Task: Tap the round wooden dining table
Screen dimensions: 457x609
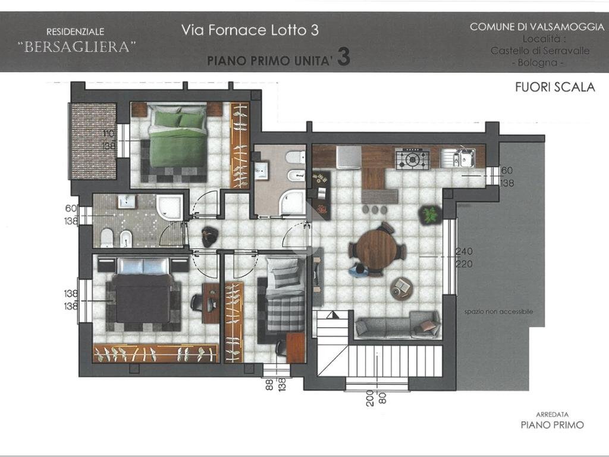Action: click(376, 249)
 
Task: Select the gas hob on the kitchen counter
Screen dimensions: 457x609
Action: click(413, 159)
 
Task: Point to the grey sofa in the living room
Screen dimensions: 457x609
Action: click(397, 325)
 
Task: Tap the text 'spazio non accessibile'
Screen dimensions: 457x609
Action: click(498, 312)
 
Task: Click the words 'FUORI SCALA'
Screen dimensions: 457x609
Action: click(554, 87)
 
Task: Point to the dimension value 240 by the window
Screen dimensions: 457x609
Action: click(464, 252)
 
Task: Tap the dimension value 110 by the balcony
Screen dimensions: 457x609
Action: click(108, 133)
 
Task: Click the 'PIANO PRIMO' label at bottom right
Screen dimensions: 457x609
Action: click(552, 425)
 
